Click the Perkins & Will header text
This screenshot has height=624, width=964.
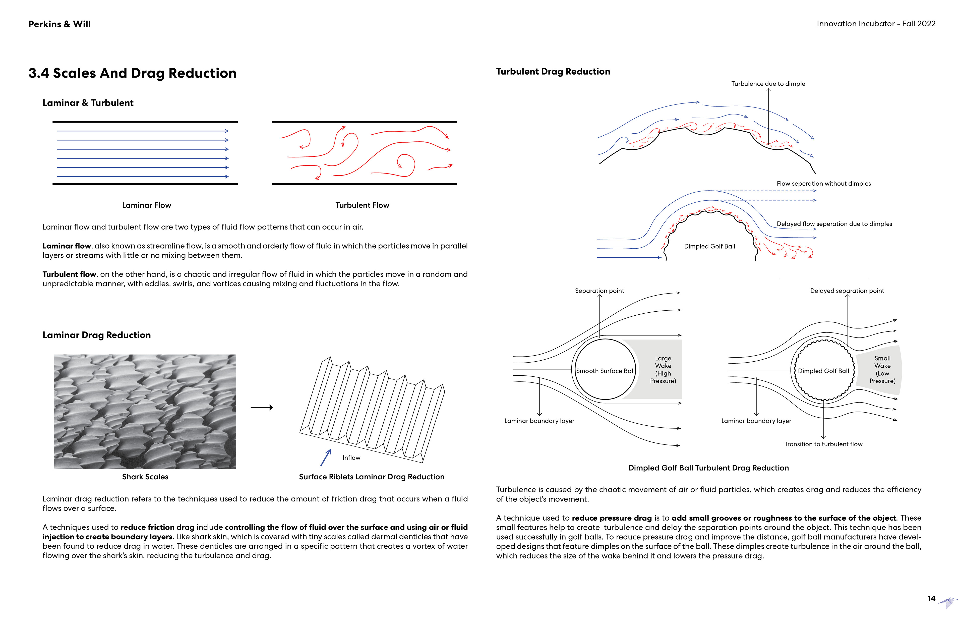click(59, 24)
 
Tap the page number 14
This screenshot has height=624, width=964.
click(931, 598)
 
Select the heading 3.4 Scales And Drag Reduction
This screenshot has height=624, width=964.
click(133, 73)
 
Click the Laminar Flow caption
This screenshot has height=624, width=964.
click(147, 205)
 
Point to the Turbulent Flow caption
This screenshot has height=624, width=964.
click(362, 205)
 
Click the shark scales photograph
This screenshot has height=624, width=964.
click(145, 412)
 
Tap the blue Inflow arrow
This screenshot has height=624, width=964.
click(326, 458)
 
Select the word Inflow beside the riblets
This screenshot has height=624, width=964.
click(351, 458)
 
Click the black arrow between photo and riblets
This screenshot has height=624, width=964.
click(262, 407)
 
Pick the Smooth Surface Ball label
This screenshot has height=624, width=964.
click(605, 371)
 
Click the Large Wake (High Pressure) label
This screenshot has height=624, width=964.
click(663, 370)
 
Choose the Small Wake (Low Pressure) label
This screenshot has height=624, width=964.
click(882, 370)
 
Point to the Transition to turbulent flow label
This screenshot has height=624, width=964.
click(823, 444)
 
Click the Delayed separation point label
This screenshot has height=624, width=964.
click(847, 291)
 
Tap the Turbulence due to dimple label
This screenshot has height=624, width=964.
click(768, 84)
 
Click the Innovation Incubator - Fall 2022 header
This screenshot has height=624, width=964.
click(876, 24)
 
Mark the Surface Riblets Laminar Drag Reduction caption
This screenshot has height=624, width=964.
click(372, 477)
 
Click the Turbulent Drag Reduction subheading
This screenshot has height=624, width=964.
click(553, 72)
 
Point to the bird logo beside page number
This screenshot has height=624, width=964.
click(948, 602)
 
